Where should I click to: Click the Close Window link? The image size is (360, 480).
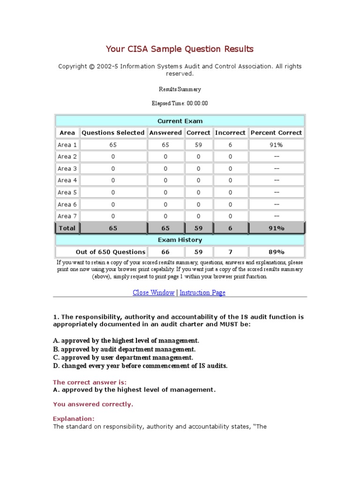(153, 292)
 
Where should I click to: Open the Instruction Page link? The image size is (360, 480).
(202, 292)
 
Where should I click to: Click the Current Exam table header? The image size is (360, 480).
(180, 121)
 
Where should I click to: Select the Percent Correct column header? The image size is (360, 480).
(277, 133)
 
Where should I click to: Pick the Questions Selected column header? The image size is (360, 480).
(113, 133)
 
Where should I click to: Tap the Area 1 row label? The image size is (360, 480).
(67, 145)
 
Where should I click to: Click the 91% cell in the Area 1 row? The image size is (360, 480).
(277, 145)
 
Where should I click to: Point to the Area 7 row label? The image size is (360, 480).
(67, 216)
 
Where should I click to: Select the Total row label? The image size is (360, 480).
(67, 228)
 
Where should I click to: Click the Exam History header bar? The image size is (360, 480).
(180, 240)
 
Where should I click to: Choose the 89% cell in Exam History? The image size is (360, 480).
(277, 252)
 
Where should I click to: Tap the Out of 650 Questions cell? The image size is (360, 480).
(111, 252)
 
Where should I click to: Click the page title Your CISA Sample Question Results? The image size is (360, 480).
(180, 49)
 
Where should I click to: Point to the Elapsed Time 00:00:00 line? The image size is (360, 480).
(180, 104)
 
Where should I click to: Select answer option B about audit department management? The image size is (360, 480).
(124, 349)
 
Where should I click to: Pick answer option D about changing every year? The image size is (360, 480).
(140, 366)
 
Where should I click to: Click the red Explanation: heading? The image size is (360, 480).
(74, 419)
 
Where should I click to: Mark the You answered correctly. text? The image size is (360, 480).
(93, 404)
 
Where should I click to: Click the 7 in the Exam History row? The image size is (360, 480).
(230, 252)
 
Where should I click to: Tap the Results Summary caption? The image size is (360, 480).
(180, 89)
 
